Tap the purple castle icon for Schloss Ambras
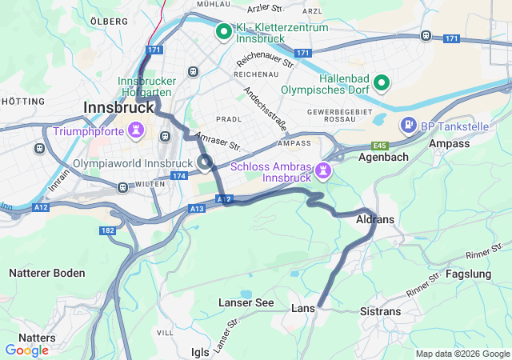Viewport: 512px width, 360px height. point(322,170)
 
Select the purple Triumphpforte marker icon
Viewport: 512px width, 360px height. point(137,130)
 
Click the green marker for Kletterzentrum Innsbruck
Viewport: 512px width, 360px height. point(224,33)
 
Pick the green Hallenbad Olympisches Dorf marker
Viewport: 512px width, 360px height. point(382,82)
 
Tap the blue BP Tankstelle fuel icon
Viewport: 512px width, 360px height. point(409,126)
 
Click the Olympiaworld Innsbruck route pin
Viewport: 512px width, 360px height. point(206,163)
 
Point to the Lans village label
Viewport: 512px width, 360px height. point(303,308)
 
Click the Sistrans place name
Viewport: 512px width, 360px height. point(380,310)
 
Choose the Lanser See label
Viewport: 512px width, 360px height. point(246,303)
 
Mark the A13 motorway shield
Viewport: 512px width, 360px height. point(197,208)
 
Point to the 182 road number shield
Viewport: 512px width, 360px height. point(108,230)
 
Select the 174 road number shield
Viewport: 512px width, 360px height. point(178,175)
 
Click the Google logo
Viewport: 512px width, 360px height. point(26,350)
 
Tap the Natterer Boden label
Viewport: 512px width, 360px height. point(46,273)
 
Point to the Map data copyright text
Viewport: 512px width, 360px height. point(462,354)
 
